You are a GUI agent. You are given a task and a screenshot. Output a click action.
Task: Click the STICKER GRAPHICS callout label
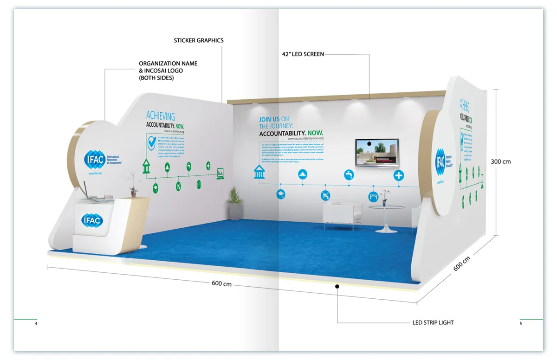(x=199, y=41)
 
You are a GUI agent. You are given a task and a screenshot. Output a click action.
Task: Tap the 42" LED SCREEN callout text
(x=303, y=54)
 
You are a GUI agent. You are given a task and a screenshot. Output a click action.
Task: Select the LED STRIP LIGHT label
(x=433, y=322)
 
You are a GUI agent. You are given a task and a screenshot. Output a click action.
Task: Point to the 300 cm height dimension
(x=501, y=161)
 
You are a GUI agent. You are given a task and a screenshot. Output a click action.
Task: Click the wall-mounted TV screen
(x=377, y=153)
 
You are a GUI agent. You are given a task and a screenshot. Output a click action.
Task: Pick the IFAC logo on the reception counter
(x=91, y=220)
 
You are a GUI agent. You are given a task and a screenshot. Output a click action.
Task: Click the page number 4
(x=36, y=323)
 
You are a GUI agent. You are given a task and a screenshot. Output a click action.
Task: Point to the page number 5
(x=521, y=323)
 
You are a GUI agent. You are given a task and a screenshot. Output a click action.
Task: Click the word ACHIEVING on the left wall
(x=161, y=116)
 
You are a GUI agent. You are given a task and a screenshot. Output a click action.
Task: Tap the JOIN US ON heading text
(x=274, y=119)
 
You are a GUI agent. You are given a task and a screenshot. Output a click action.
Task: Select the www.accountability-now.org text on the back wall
(x=305, y=138)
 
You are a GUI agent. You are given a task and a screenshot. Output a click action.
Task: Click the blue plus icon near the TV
(x=399, y=175)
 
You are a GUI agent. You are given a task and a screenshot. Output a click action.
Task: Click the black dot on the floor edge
(x=337, y=287)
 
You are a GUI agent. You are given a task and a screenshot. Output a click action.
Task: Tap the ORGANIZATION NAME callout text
(x=168, y=64)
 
